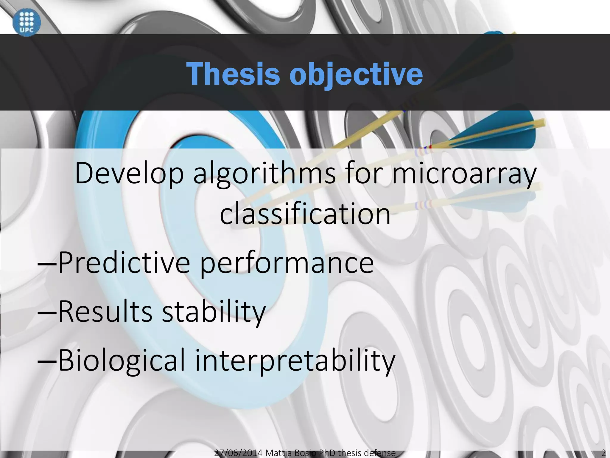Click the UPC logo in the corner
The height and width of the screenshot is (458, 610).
pos(27,22)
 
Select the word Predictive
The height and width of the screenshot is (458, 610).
pos(124,262)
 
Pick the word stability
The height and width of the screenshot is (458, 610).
pos(213,312)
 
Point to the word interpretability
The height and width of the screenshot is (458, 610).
pos(295,361)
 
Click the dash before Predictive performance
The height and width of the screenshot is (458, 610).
pos(47,264)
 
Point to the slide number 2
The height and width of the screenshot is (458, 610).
pos(603,453)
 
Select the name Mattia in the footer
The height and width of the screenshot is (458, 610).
pos(278,453)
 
